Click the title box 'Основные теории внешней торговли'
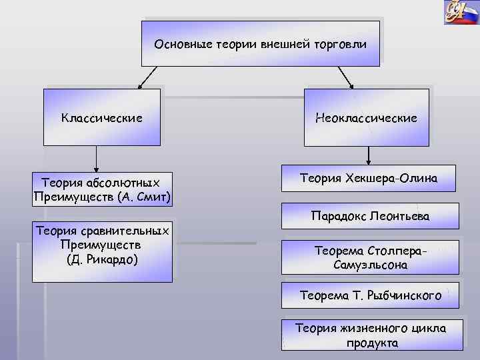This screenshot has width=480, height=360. (260, 43)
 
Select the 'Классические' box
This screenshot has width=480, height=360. (102, 117)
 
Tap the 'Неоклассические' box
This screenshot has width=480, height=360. (367, 117)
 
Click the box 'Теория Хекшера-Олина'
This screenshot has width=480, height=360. (369, 178)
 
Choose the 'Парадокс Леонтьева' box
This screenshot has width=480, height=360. (370, 217)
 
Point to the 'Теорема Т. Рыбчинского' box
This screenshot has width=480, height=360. (370, 295)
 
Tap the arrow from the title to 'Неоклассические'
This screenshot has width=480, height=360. (341, 77)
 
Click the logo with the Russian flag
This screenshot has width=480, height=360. (461, 12)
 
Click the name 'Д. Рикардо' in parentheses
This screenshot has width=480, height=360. (102, 259)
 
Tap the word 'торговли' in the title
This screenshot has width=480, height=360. (342, 44)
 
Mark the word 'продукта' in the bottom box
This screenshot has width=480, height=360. (372, 343)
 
